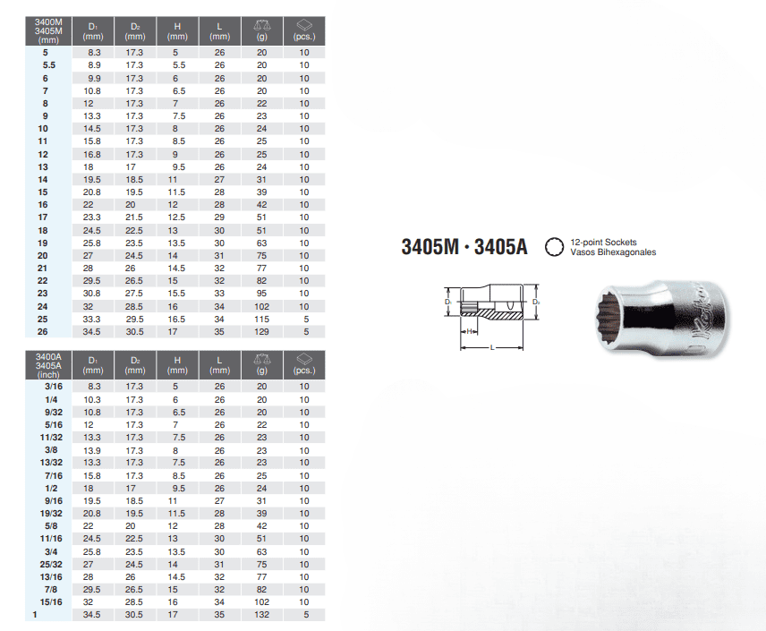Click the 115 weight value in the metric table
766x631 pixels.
pos(261,320)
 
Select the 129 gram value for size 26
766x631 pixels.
pos(261,332)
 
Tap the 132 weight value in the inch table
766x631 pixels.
pos(261,614)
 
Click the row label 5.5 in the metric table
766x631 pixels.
pos(49,65)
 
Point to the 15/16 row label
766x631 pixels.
pos(51,602)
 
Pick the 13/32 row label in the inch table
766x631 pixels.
pos(51,463)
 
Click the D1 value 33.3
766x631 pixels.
pos(92,320)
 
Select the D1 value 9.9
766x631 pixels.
pos(94,78)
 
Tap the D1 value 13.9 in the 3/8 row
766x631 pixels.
pos(92,450)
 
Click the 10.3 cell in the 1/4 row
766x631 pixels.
pos(92,400)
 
